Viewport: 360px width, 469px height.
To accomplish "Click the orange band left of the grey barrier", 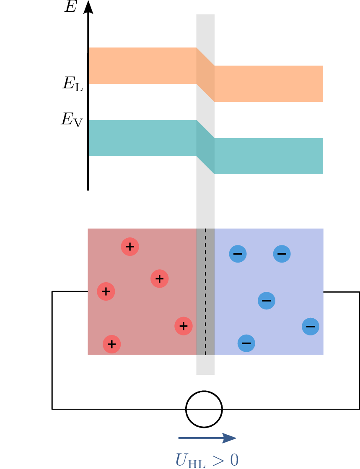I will pyautogui.click(x=142, y=66).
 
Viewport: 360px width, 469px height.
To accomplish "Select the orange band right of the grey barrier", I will pyautogui.click(x=269, y=84).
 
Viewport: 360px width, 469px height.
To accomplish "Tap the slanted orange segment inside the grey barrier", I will pyautogui.click(x=205, y=75).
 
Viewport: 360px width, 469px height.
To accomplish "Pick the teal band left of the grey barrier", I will pyautogui.click(x=142, y=138).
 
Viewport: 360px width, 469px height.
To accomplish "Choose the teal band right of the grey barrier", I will pyautogui.click(x=269, y=156).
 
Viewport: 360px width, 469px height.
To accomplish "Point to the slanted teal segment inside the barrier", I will pyautogui.click(x=205, y=147).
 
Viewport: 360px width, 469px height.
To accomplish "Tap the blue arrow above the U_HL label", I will pyautogui.click(x=207, y=438).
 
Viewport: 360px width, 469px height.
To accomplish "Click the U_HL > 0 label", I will pyautogui.click(x=207, y=460).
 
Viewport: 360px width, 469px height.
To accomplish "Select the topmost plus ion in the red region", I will pyautogui.click(x=130, y=247).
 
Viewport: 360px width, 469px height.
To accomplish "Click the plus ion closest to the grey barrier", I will pyautogui.click(x=184, y=326).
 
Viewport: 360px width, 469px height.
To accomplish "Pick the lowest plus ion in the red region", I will pyautogui.click(x=112, y=344).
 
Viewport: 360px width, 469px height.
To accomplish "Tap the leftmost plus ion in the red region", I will pyautogui.click(x=106, y=291).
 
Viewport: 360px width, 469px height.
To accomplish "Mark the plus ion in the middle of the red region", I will pyautogui.click(x=160, y=278).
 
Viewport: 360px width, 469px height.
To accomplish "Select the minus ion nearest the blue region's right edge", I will pyautogui.click(x=311, y=327).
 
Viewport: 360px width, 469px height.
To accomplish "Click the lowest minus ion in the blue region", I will pyautogui.click(x=246, y=343).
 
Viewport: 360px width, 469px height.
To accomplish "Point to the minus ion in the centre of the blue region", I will pyautogui.click(x=267, y=301).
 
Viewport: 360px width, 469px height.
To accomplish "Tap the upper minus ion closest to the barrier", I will pyautogui.click(x=238, y=254).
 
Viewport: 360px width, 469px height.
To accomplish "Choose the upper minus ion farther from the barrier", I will pyautogui.click(x=282, y=254).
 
